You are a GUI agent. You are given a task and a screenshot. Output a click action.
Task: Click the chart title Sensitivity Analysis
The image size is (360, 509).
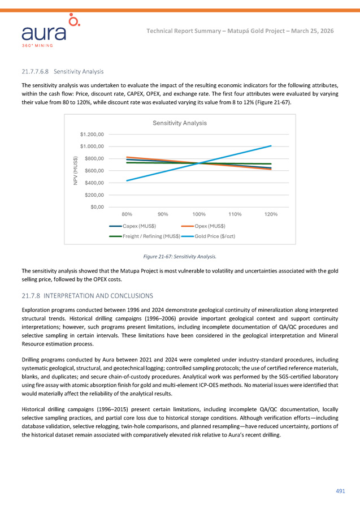[180, 123]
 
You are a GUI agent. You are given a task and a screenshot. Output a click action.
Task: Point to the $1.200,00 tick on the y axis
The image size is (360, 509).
[92, 134]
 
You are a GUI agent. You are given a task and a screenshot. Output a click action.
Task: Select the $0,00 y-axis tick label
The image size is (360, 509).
[97, 206]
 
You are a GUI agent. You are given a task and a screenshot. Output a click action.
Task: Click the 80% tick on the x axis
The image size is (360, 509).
[127, 214]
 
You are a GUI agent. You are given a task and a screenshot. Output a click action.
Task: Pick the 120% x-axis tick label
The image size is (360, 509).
[271, 214]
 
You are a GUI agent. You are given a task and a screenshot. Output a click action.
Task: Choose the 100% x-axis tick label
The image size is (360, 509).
[199, 214]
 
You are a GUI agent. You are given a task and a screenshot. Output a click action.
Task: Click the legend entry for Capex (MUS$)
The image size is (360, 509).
[140, 225]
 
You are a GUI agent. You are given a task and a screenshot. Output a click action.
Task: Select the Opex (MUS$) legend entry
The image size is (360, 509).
[210, 225]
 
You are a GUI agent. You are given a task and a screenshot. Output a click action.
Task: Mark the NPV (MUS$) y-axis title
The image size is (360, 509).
[75, 170]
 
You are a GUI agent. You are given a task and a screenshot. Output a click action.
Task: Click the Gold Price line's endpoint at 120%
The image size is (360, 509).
[271, 146]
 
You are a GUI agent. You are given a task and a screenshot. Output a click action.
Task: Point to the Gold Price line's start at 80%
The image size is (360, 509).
[127, 180]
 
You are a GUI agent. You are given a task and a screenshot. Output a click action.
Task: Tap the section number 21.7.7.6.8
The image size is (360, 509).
[36, 72]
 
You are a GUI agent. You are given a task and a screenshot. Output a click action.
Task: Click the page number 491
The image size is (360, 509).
[340, 491]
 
